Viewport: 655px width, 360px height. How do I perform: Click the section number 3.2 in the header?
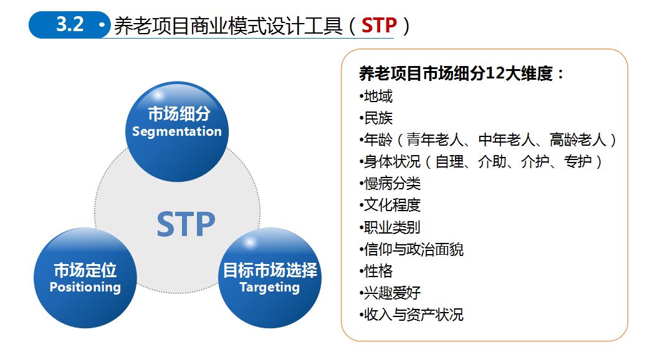pos(70,24)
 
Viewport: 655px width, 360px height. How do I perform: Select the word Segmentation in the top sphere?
pos(177,131)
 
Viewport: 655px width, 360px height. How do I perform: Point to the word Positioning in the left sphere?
pos(85,287)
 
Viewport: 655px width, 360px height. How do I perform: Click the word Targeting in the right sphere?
pos(269,287)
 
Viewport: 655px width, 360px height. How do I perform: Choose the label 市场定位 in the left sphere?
pos(85,270)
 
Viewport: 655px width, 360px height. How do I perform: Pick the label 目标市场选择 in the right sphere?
pos(270,270)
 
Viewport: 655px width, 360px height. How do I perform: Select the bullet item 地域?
pos(378,97)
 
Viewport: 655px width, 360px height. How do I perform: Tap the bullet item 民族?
pos(378,118)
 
